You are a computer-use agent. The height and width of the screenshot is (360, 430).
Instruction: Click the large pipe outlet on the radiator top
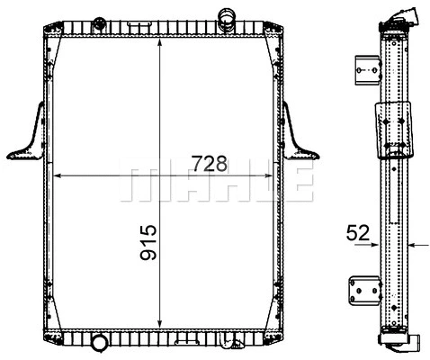click(225, 15)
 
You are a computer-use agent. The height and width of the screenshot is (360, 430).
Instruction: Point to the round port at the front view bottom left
click(99, 342)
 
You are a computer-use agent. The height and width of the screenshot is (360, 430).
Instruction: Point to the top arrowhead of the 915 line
click(161, 41)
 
